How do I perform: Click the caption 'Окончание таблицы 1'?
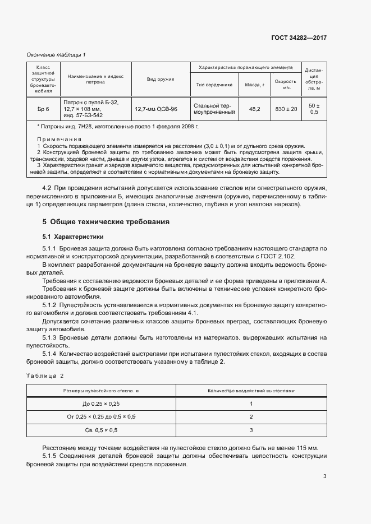56,54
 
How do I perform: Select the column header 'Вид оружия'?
161,79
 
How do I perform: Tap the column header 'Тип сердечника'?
214,85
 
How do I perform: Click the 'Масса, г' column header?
254,85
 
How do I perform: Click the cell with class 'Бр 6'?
43,109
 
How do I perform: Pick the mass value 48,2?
254,109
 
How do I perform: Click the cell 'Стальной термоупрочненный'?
214,109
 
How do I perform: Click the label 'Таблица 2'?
45,375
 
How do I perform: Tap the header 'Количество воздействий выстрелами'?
251,391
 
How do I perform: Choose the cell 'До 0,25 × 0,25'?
102,404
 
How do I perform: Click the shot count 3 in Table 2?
251,430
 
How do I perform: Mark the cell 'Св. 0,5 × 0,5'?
102,430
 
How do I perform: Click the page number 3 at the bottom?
324,476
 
